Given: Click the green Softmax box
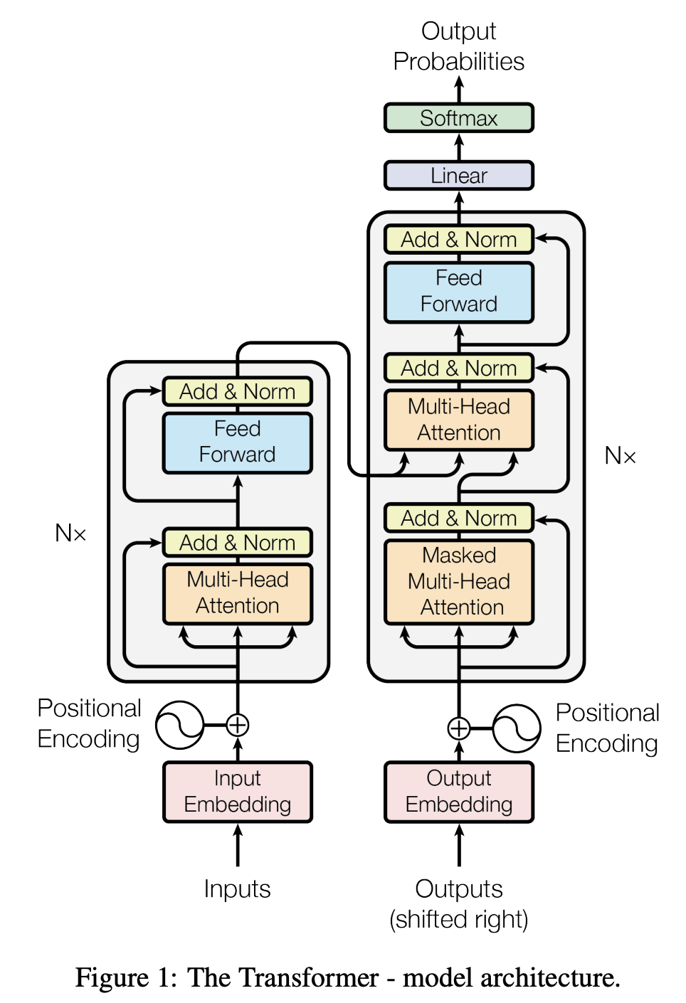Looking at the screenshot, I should point(458,118).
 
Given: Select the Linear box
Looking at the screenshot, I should point(458,176).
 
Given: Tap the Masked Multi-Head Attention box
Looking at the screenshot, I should point(458,581).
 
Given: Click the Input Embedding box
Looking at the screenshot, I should point(237,792).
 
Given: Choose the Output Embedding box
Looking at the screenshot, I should point(458,792).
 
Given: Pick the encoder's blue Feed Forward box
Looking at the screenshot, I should point(237,442).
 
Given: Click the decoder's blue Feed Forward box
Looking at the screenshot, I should point(458,292).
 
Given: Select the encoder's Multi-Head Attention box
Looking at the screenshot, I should point(237,593).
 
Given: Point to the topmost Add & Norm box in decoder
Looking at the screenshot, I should point(458,240).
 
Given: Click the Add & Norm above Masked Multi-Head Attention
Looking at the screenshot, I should point(458,518).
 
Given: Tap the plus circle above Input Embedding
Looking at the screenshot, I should point(237,726).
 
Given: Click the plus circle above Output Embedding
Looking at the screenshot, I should point(458,728).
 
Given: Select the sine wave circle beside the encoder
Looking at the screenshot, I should point(179,726).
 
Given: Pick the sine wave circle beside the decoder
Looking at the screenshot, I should point(516,728).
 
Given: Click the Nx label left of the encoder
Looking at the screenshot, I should point(70,533).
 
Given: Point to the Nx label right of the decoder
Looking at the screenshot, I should point(620,455).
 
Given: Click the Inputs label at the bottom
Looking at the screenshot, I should point(237,889).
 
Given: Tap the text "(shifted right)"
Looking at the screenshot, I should point(458,920).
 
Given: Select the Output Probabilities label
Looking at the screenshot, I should point(458,46).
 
